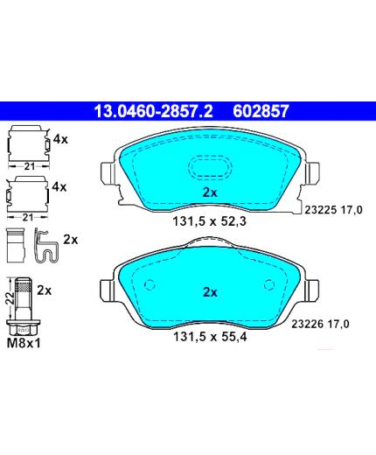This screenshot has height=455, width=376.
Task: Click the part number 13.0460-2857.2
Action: [153, 111]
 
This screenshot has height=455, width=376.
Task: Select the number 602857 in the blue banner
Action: [261, 111]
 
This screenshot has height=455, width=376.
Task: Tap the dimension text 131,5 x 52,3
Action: [210, 221]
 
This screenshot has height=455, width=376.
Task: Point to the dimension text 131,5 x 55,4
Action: [210, 337]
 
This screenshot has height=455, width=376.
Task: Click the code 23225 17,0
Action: [333, 210]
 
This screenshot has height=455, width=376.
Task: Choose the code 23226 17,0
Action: [320, 324]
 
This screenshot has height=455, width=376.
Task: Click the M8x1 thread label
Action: [24, 343]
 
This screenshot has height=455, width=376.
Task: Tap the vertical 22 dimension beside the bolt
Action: [10, 298]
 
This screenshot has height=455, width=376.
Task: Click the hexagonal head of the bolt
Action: [24, 327]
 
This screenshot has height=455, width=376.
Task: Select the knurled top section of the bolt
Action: [24, 285]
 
